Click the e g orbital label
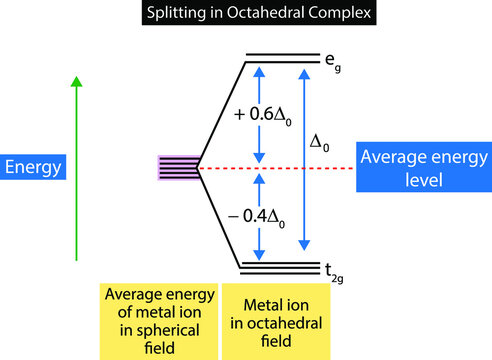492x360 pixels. pyautogui.click(x=329, y=62)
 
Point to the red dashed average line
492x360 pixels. pyautogui.click(x=290, y=168)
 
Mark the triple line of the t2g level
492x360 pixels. pyautogui.click(x=279, y=267)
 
